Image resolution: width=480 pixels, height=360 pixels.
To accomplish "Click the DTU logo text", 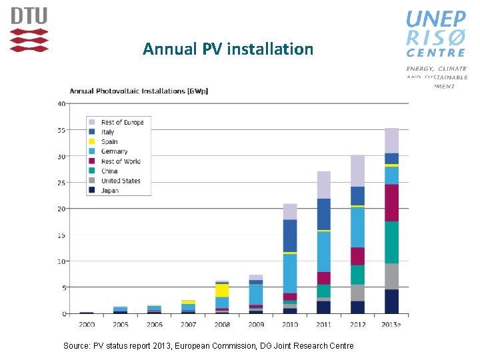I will [29, 16].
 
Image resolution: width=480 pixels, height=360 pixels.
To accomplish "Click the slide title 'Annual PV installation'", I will [227, 49].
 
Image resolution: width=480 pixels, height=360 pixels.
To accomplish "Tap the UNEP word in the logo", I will [436, 19].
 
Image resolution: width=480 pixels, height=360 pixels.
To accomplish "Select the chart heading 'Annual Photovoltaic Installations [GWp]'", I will [139, 91].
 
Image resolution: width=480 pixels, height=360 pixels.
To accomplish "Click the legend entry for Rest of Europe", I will [122, 122].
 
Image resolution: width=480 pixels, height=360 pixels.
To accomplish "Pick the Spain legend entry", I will [109, 141].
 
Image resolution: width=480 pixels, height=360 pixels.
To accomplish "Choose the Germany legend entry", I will [114, 151].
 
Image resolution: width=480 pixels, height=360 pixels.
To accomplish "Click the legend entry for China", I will [109, 171].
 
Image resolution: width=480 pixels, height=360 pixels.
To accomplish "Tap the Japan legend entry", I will [110, 190].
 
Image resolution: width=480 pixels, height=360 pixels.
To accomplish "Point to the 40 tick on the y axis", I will [61, 104].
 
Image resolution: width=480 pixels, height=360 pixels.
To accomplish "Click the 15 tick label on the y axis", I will [61, 235].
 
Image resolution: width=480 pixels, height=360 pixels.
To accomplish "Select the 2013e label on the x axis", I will [392, 324].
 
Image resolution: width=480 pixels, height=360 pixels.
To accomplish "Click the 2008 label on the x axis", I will [222, 324].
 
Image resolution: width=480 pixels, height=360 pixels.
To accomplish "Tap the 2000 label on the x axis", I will [87, 324].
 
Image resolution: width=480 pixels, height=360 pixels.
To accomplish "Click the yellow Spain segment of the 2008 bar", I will [222, 291].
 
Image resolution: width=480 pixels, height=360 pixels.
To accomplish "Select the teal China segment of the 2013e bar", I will [392, 243].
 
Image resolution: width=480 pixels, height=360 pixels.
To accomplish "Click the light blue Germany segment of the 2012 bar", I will [358, 227].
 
